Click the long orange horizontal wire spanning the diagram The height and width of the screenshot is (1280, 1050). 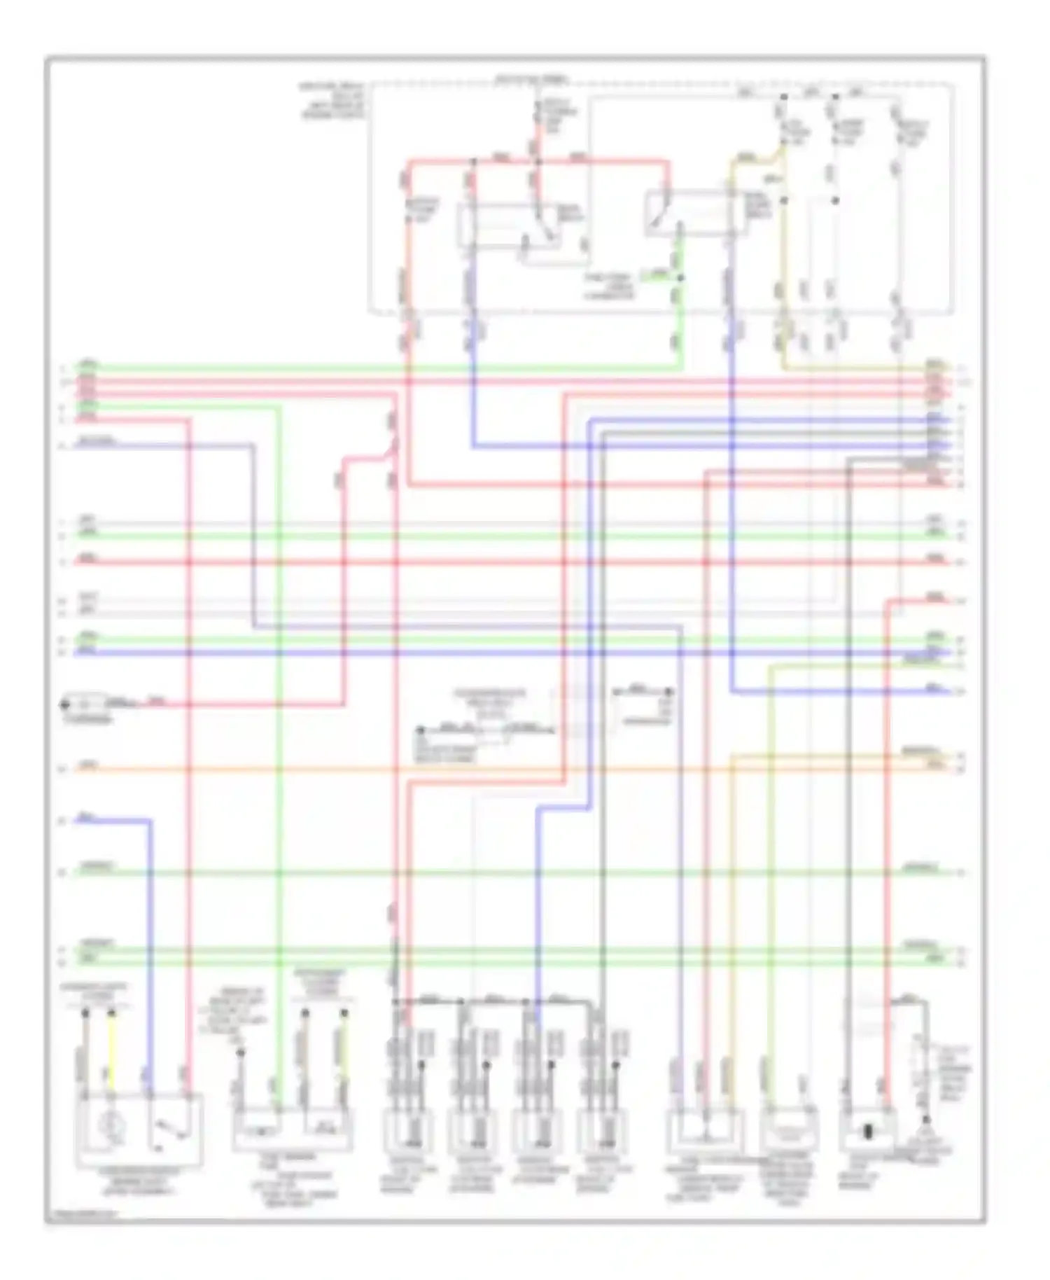(x=490, y=770)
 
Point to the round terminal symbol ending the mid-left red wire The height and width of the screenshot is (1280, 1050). (x=66, y=703)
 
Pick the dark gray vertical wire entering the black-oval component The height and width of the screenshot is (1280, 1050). (x=848, y=770)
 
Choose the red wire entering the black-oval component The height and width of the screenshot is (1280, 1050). (x=886, y=840)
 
